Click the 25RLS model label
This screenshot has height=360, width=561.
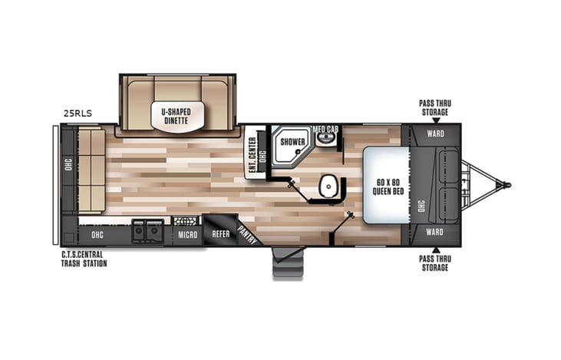point(78,114)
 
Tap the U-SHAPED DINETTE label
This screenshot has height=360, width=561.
point(177,116)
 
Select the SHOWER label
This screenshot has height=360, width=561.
point(292,142)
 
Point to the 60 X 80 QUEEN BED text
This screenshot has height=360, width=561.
point(385,186)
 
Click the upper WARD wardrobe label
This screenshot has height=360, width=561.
point(434,132)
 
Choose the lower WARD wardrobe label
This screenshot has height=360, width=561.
point(434,231)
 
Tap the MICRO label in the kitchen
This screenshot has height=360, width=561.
point(187,234)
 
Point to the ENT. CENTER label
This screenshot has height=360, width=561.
point(252,157)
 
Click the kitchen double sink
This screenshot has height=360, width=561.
point(147,230)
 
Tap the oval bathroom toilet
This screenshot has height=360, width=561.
point(328,186)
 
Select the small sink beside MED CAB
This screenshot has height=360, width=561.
point(328,140)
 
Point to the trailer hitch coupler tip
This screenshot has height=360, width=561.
point(506,185)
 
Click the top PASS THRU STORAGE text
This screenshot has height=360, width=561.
point(434,108)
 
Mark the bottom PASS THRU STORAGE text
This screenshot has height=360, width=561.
point(434,263)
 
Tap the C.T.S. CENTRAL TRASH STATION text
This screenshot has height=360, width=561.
point(84,259)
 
